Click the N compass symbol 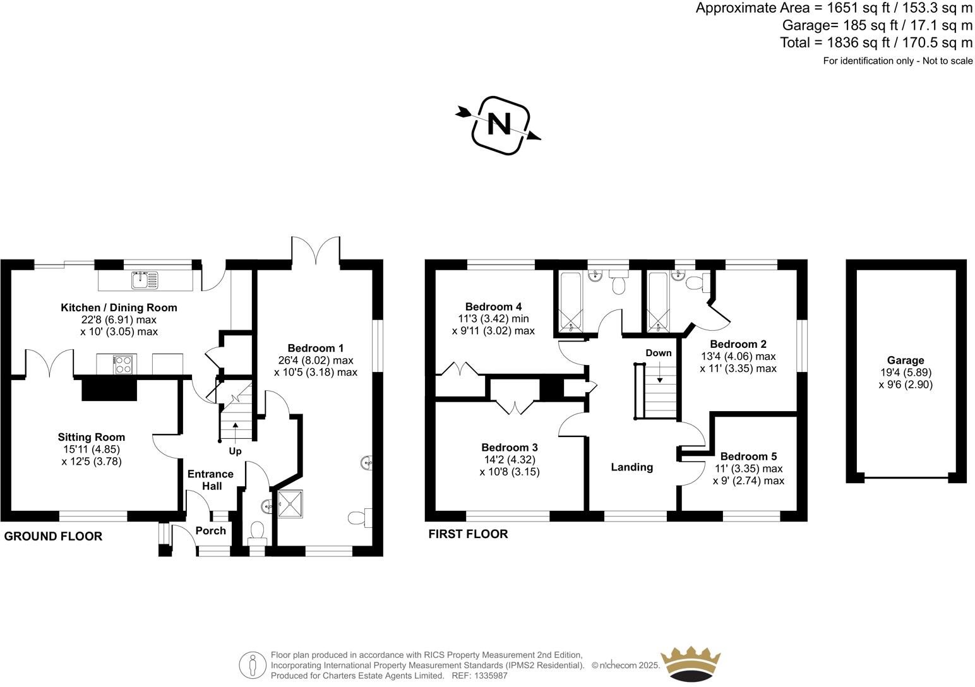click(499, 124)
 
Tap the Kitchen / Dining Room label click(119, 308)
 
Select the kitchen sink click(145, 279)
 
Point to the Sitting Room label click(92, 437)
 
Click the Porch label click(210, 530)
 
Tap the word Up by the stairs click(235, 451)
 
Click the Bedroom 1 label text click(316, 348)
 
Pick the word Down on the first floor click(659, 353)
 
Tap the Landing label click(631, 467)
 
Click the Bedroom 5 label click(748, 457)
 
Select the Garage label click(905, 361)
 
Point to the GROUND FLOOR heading click(53, 537)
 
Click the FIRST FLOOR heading click(468, 534)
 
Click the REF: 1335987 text click(478, 676)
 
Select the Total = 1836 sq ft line click(876, 43)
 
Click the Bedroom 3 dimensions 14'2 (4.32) click(509, 460)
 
